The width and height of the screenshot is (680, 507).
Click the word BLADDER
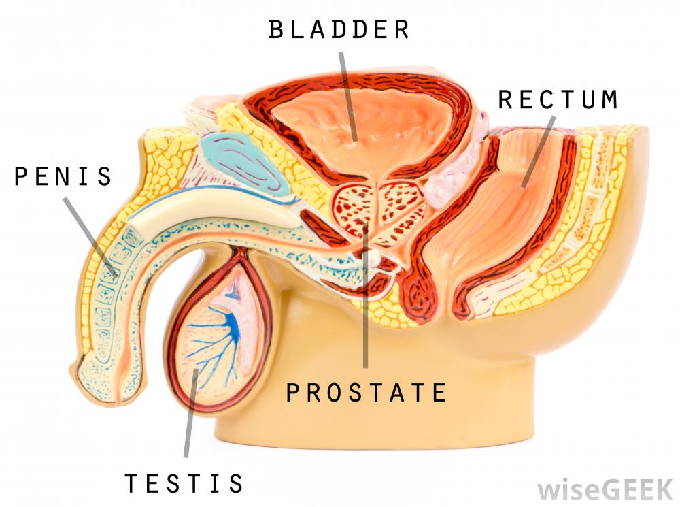339,30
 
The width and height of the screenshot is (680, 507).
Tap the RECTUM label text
558,99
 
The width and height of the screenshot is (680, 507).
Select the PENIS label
63,177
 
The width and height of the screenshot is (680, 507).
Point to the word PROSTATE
366,393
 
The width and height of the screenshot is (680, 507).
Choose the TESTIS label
184,483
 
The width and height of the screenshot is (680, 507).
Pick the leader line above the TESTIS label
190,415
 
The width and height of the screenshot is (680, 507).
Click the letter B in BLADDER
276,30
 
